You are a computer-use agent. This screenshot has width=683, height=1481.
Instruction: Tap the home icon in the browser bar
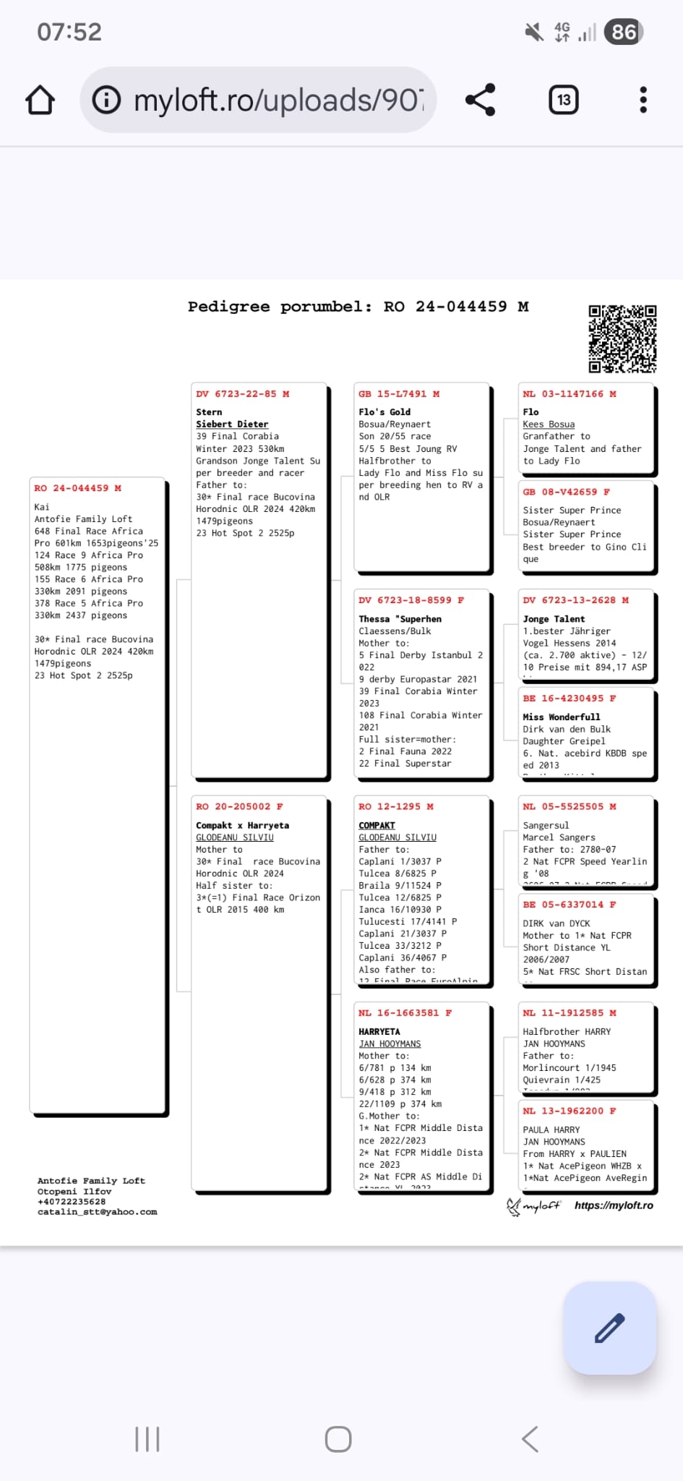40,100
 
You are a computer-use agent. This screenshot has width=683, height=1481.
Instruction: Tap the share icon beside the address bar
480,100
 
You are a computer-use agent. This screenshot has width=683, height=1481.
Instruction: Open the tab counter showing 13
564,100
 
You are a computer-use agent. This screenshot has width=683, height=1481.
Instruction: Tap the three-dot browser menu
643,100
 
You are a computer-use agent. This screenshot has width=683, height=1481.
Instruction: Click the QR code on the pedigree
622,338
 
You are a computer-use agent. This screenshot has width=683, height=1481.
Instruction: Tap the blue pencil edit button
609,1328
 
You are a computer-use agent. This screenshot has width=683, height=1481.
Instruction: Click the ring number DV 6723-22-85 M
242,394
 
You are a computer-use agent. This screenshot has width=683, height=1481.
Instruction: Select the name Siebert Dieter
232,424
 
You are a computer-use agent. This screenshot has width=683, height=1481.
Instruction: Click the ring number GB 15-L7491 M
399,394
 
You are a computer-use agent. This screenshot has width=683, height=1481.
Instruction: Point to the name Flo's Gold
385,412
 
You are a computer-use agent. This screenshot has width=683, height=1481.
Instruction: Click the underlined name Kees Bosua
549,424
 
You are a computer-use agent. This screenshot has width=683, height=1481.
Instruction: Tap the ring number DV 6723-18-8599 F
411,600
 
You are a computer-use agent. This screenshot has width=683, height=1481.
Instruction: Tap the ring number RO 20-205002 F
239,806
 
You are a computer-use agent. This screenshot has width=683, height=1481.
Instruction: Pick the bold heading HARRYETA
379,1032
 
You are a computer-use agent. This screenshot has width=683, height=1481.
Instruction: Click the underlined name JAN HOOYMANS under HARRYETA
390,1044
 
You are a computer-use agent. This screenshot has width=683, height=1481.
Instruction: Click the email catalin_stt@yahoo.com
97,1212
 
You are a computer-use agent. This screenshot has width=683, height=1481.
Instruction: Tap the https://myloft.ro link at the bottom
614,1205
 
